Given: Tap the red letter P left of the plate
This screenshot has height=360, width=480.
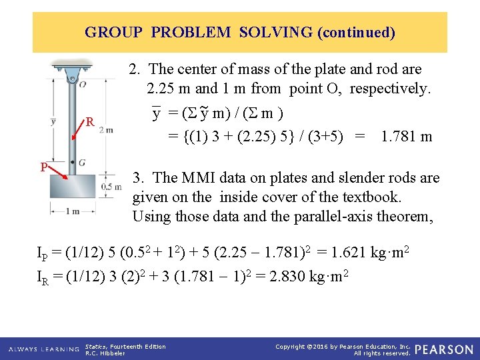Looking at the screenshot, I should tap(43, 167).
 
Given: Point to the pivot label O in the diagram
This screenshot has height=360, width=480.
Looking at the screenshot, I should tap(82, 85).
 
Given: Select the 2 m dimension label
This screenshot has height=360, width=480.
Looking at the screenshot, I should tap(105, 130).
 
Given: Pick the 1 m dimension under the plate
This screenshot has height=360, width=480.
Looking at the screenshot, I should tap(72, 211).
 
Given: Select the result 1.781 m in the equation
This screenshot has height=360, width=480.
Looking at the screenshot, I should tap(406, 137).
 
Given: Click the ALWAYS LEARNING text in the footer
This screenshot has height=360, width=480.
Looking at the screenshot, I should tap(44, 349).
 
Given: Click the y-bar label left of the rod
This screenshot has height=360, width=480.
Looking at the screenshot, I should tap(53, 121).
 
